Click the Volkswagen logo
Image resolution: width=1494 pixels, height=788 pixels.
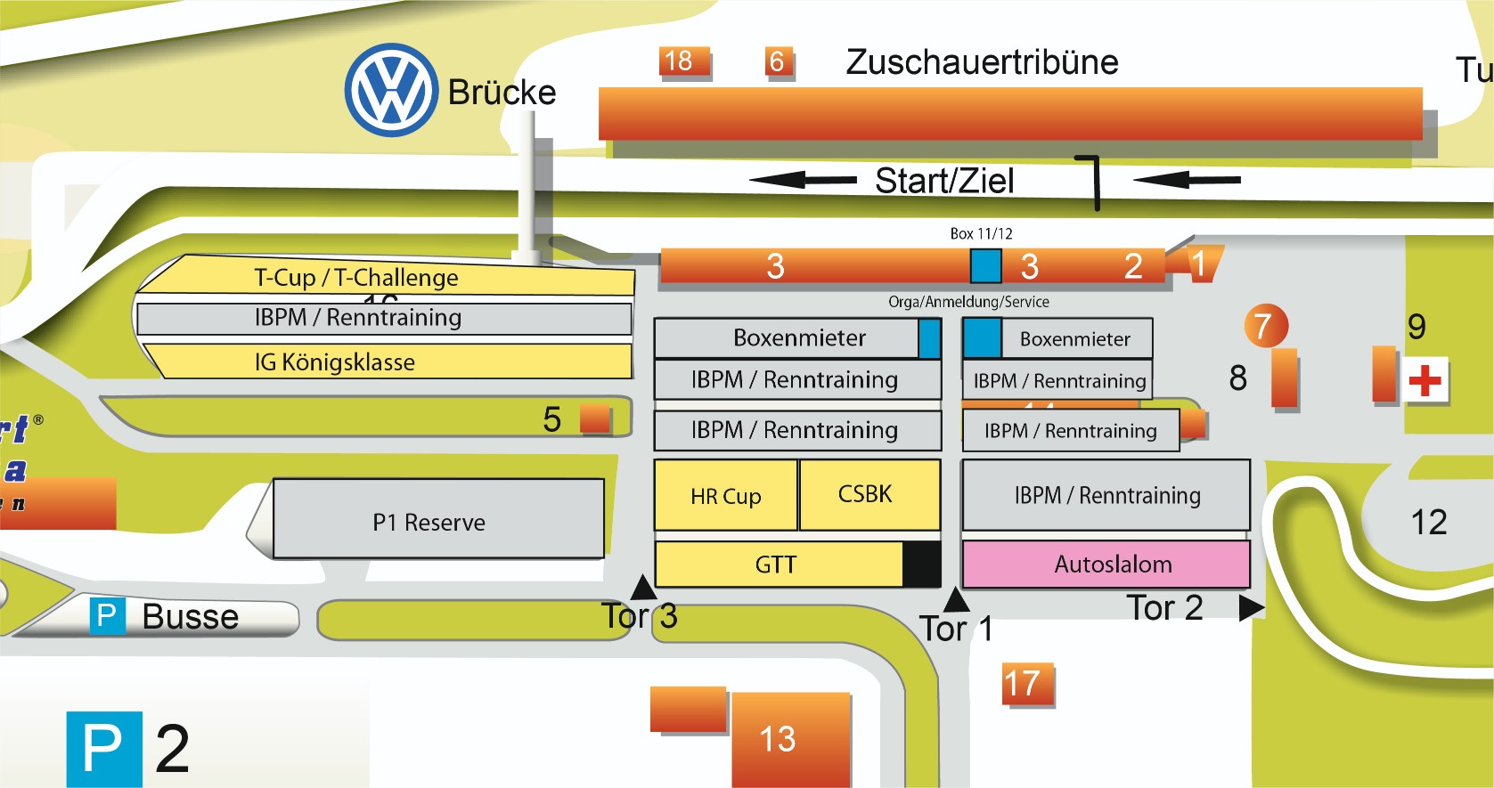point(391,90)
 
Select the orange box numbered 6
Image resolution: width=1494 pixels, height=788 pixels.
point(779,62)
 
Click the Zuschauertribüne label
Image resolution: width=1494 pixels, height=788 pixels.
point(982,62)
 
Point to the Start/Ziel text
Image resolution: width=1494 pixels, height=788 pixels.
point(944,181)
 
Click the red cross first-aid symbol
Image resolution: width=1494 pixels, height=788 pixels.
point(1425,381)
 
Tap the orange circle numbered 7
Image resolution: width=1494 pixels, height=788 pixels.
point(1264,327)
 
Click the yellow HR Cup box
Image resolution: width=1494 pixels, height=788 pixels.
point(725,495)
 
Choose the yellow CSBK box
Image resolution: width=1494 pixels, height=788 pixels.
point(869,494)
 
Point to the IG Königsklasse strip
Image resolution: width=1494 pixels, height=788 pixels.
point(383,362)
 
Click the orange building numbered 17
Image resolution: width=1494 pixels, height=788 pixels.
point(1026,684)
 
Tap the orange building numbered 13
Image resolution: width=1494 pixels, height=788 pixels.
point(789,739)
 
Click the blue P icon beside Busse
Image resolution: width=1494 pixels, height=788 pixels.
point(106,616)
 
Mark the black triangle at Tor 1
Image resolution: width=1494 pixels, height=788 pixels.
point(955,600)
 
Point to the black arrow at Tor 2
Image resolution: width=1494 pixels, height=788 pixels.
point(1251,607)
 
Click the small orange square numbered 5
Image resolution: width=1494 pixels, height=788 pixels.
point(594,418)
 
